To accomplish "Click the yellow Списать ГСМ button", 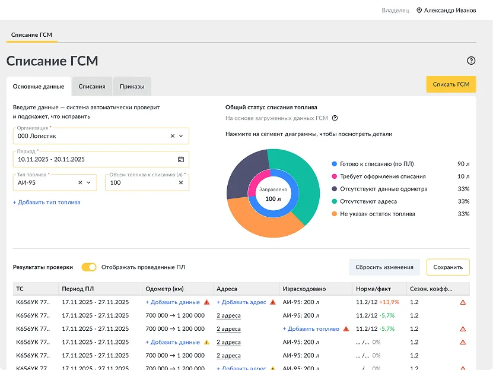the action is click(451, 84).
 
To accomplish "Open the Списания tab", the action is click(92, 87).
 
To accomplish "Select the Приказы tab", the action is click(132, 87).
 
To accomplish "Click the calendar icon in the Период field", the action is click(181, 159).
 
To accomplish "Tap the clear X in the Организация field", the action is click(172, 136).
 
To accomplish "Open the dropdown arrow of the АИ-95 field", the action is click(88, 182).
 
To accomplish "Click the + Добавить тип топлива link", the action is click(46, 203).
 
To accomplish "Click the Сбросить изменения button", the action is click(384, 267).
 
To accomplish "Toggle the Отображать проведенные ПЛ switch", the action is click(89, 267).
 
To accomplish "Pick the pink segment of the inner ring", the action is click(257, 182).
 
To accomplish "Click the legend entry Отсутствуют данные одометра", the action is click(384, 189).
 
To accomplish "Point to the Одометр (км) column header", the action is click(164, 289).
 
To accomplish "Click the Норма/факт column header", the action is click(373, 289).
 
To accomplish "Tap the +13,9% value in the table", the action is click(389, 302).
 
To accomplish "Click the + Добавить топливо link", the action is click(311, 329).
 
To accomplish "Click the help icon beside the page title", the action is click(471, 61).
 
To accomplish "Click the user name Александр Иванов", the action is click(450, 10).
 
